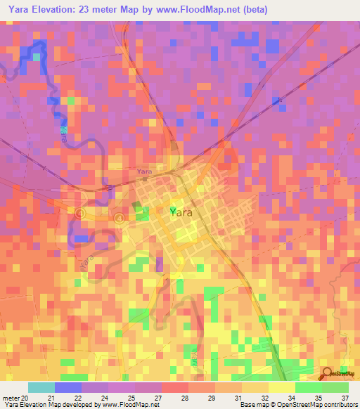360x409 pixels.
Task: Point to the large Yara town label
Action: pos(182,212)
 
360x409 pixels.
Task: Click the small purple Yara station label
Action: pos(144,171)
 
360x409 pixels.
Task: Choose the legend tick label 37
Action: pos(345,397)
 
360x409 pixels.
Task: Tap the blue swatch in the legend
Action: pos(68,387)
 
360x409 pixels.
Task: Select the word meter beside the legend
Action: pos(11,397)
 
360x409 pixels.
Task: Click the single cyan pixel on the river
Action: pos(64,129)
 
